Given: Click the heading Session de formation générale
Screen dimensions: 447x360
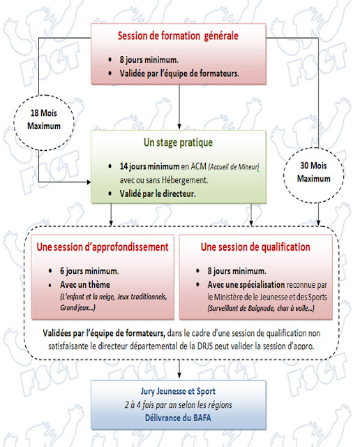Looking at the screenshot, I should (x=181, y=36).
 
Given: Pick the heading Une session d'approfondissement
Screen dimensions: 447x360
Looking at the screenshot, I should (x=102, y=247).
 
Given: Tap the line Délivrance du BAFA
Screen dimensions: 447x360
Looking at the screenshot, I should (x=181, y=418).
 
